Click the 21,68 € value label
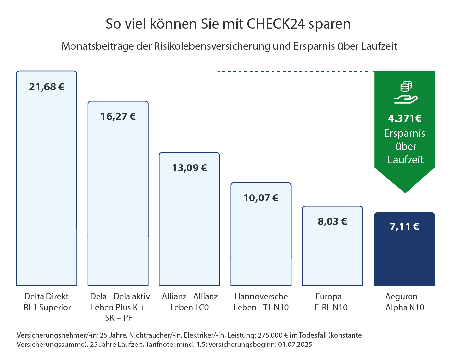(46, 87)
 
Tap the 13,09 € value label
(189, 168)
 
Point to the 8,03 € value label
(332, 221)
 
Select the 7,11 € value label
(404, 227)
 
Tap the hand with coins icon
(406, 93)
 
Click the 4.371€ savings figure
(405, 118)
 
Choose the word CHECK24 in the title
(276, 24)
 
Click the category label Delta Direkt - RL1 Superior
(47, 302)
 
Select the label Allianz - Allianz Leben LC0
(190, 302)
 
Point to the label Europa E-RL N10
(331, 302)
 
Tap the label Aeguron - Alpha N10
(405, 302)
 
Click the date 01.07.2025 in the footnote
(295, 345)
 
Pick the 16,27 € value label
(118, 117)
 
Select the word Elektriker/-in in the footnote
(204, 335)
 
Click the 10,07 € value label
(261, 198)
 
